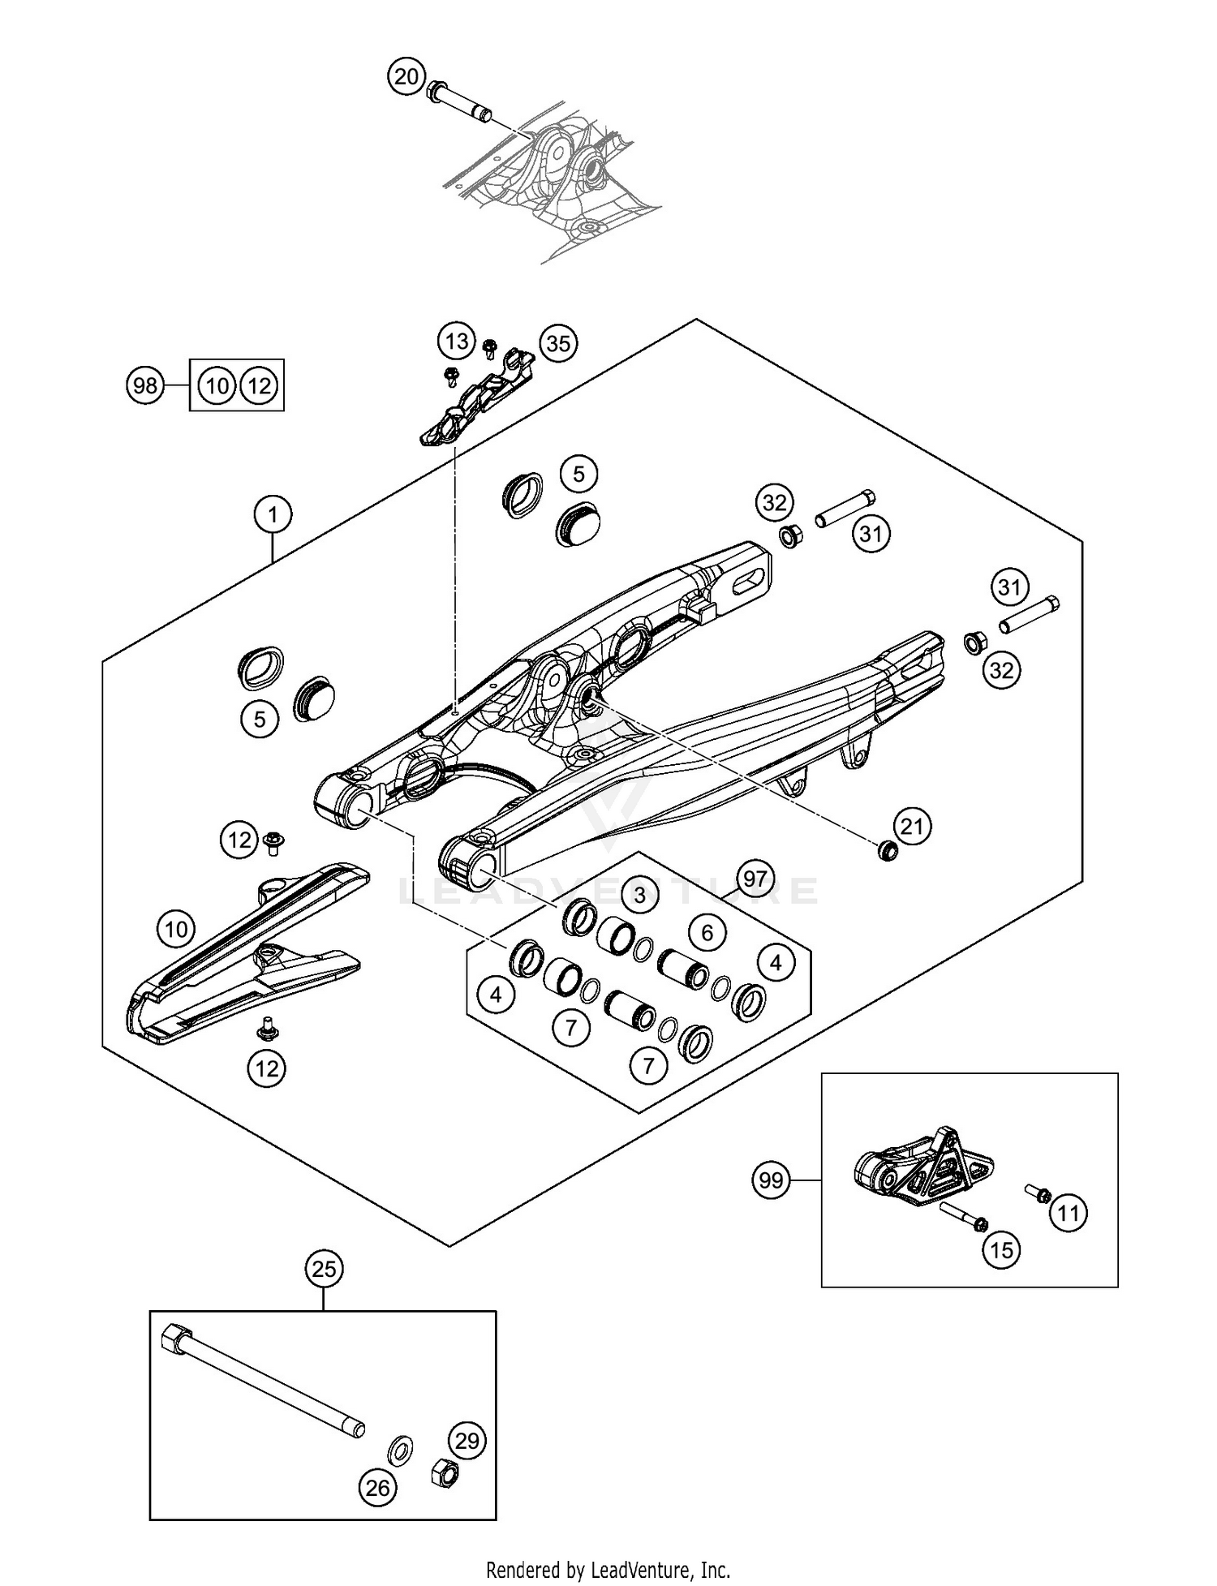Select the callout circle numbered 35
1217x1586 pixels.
558,343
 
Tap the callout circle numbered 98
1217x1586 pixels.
145,385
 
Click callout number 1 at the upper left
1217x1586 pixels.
273,514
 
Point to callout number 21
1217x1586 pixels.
913,826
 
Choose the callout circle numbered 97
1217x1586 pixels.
755,879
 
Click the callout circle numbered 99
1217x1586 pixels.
771,1180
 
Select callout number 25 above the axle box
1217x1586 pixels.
324,1268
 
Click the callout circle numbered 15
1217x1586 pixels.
1002,1250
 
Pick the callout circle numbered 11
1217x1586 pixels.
1069,1214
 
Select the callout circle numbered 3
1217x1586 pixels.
639,896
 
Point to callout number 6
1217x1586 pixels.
707,933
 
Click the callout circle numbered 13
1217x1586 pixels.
457,341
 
